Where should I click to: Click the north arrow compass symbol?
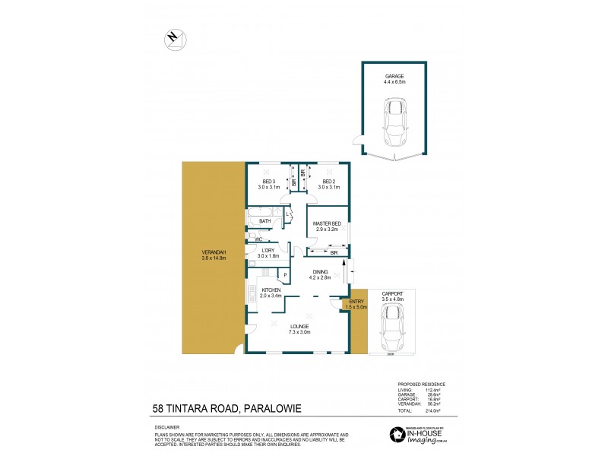point(174,38)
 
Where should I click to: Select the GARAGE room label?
point(394,77)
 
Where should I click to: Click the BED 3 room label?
point(268,182)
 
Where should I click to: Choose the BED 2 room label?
point(328,182)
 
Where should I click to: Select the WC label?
point(258,239)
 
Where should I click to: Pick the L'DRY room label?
point(268,250)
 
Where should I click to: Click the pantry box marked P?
point(285,275)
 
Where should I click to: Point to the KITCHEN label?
point(271,290)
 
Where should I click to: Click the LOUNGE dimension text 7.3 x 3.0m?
point(298,332)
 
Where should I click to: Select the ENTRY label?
point(357,302)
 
